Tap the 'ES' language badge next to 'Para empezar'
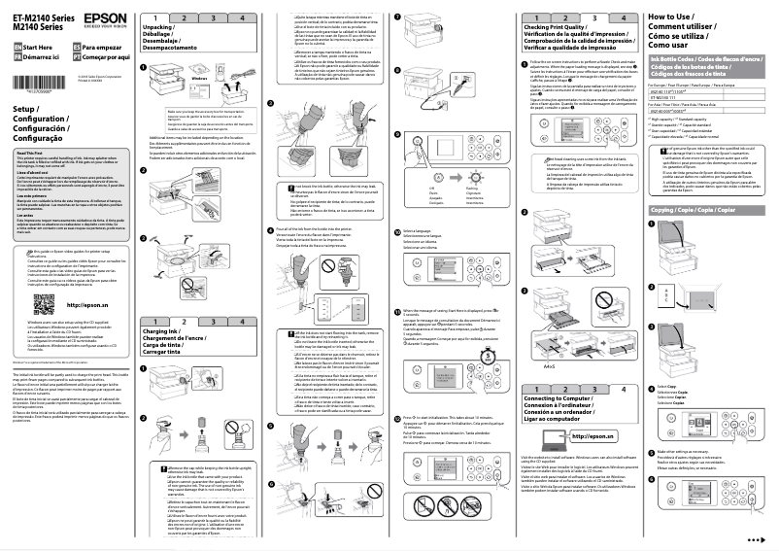pos(74,46)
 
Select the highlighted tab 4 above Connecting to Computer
pos(622,387)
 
